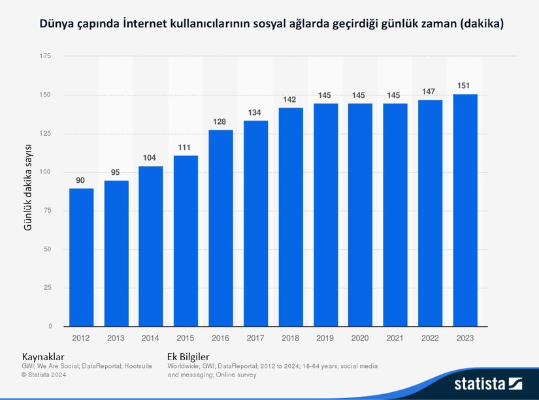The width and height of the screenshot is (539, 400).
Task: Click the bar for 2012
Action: (x=81, y=257)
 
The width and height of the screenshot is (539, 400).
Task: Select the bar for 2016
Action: (x=221, y=228)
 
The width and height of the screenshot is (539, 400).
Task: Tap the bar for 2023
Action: (x=465, y=210)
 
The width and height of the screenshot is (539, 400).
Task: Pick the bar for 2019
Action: (x=325, y=215)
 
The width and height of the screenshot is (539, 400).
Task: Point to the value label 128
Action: (x=221, y=121)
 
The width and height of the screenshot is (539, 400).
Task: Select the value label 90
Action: (x=81, y=180)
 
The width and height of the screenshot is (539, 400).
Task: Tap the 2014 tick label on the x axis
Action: (x=151, y=338)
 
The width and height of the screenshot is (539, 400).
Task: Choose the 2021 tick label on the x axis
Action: (x=395, y=338)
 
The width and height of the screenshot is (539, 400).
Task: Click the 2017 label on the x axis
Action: (x=255, y=338)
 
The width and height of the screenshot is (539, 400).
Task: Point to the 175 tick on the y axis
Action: (x=45, y=57)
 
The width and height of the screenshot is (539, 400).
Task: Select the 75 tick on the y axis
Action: (x=47, y=211)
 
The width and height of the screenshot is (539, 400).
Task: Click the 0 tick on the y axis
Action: (x=50, y=326)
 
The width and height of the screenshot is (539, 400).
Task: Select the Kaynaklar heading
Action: (x=43, y=357)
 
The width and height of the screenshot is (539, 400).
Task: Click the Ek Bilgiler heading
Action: (x=188, y=357)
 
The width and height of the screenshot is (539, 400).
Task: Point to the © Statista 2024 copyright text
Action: (x=44, y=375)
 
